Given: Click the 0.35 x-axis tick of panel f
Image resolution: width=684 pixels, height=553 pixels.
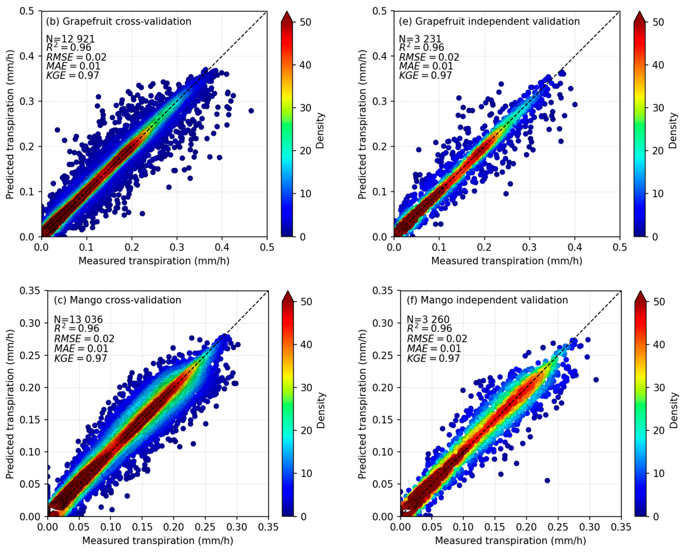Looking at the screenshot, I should pos(621,527).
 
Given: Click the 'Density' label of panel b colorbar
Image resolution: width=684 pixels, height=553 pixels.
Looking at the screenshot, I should pos(320,131).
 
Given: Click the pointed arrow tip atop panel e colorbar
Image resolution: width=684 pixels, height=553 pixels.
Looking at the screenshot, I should pos(639,13).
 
